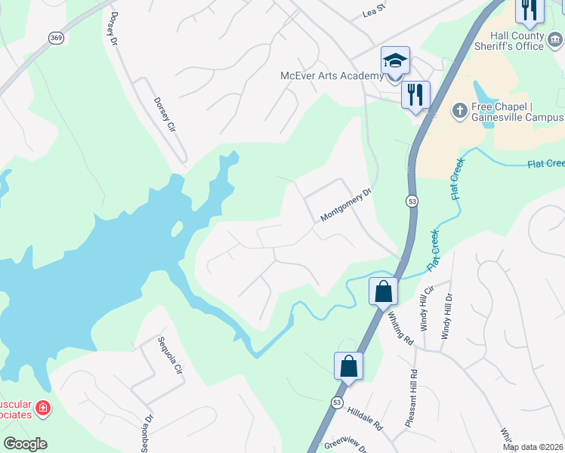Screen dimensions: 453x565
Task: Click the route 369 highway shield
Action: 56,38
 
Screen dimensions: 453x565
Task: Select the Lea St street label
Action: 374,11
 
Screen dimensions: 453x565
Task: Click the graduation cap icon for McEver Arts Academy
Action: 394,60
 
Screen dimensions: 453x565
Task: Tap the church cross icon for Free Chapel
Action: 458,111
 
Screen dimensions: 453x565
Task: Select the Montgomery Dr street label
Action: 347,205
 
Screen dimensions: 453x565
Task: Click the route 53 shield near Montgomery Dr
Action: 412,202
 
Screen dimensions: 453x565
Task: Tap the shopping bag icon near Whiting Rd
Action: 383,291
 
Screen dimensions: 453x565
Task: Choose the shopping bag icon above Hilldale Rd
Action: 348,366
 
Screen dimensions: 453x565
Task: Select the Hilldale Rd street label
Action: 365,421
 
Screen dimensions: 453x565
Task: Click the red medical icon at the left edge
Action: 43,408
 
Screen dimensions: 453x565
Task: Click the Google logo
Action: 25,444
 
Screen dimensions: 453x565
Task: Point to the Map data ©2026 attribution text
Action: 532,447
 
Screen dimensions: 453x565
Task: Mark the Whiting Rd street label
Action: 401,328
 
